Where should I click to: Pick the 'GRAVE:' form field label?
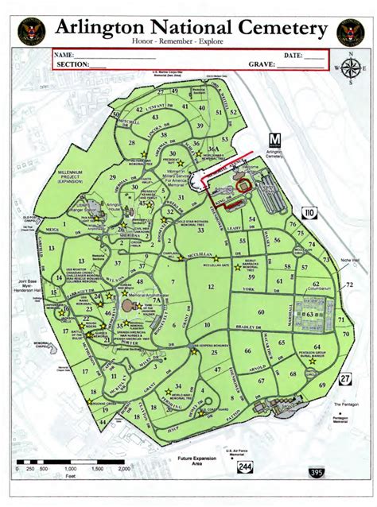(262, 65)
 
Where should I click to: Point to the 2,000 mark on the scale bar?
(125, 470)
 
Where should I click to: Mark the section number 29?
(111, 177)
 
